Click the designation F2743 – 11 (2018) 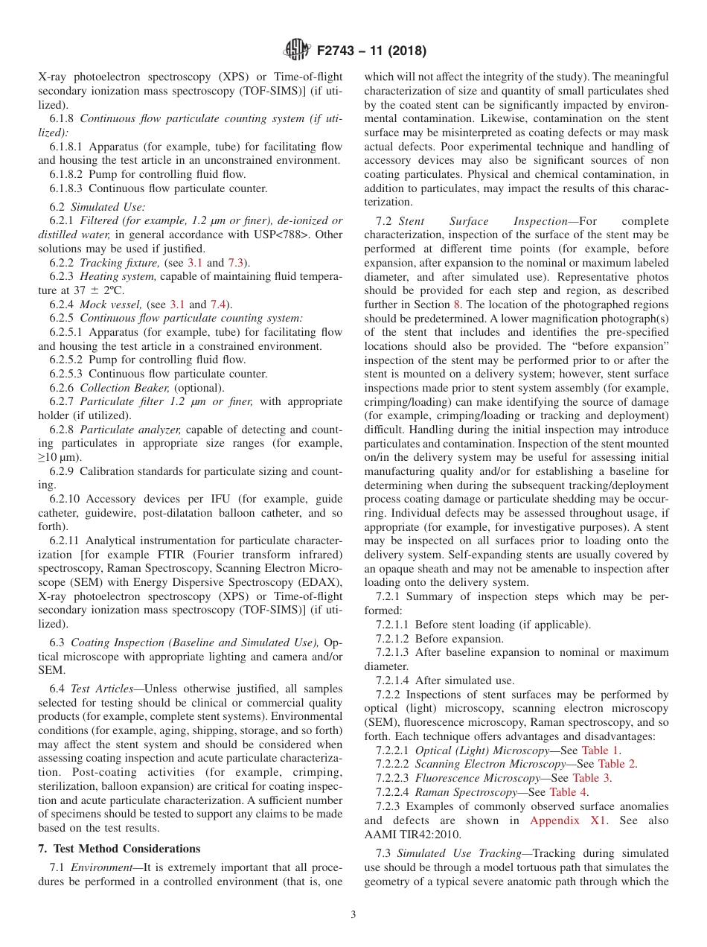[371, 51]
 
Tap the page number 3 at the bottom [353, 914]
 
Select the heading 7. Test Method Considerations [119, 849]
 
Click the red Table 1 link [605, 750]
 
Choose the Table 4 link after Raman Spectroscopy [568, 792]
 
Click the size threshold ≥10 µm [61, 457]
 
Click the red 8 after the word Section [457, 304]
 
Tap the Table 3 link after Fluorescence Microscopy [591, 778]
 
